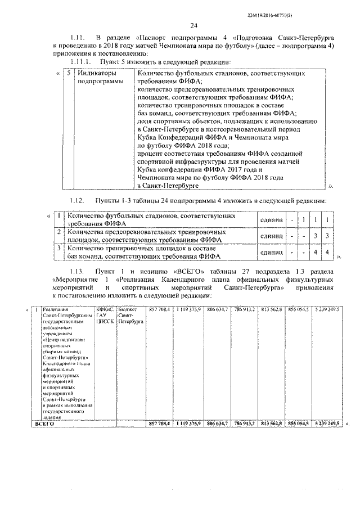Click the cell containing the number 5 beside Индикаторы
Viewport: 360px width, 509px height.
[68, 74]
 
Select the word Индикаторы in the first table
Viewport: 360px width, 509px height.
[97, 74]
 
